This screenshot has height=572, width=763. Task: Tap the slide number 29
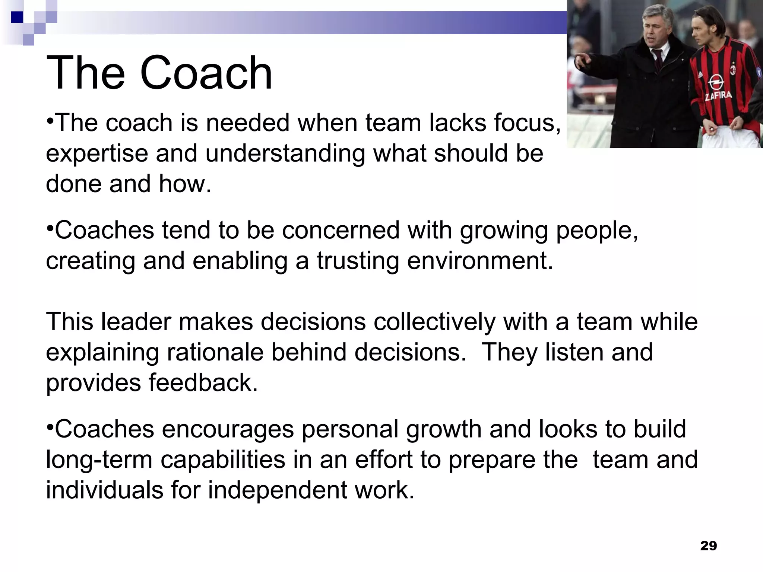708,546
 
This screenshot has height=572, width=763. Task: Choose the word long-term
99,460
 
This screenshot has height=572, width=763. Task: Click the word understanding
285,153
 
